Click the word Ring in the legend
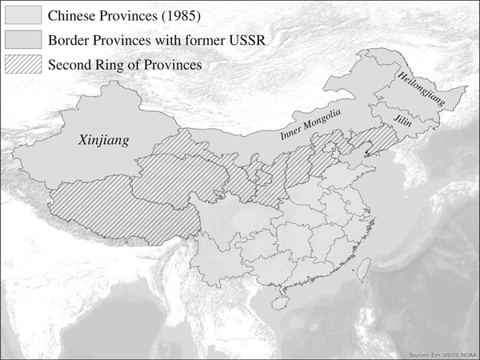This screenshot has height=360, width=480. pos(119,63)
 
